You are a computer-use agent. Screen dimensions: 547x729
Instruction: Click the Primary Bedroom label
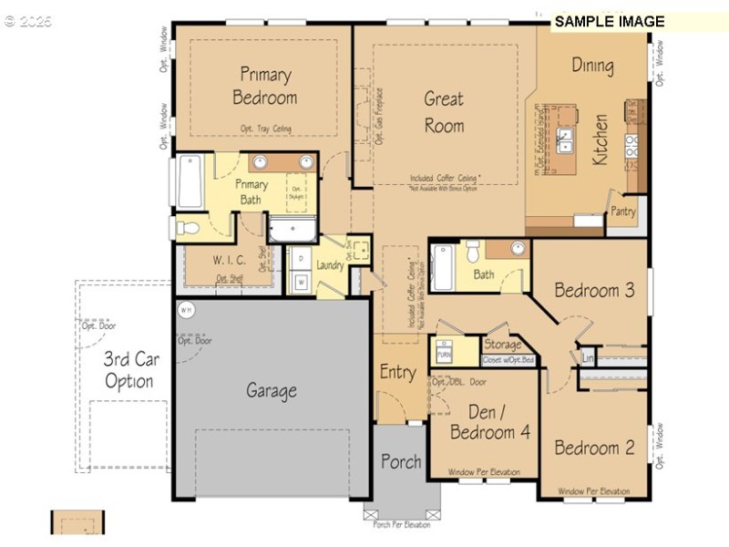265,85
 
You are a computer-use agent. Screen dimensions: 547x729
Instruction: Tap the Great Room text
444,112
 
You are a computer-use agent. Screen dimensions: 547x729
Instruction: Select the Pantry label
623,211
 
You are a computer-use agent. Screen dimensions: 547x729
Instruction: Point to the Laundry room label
330,266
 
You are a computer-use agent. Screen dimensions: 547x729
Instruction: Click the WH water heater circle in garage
186,310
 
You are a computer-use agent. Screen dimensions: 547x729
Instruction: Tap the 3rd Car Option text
132,369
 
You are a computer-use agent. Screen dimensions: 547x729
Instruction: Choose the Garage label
272,391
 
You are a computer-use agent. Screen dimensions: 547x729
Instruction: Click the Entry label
398,372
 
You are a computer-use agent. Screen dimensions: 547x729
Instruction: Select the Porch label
401,461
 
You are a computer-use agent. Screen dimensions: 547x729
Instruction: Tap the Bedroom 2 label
594,448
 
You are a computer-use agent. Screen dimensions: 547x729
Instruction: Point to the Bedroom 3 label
594,291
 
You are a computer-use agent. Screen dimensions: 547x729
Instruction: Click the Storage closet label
502,345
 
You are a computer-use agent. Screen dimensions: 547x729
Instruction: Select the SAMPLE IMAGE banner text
610,22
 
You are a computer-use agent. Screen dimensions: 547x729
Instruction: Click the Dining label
592,66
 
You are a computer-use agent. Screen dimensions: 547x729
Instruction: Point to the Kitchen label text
601,139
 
